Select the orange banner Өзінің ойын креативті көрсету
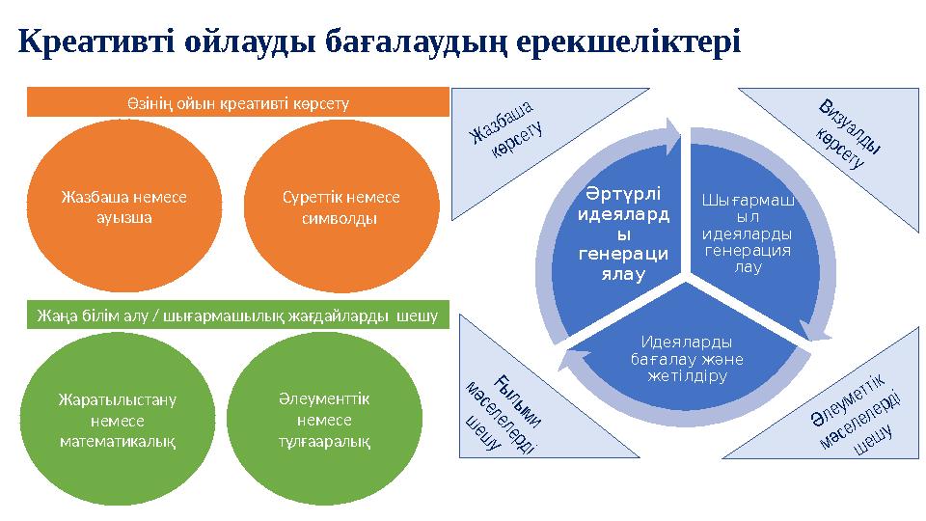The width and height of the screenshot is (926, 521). point(237,101)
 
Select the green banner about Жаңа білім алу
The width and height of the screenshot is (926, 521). point(237,315)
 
